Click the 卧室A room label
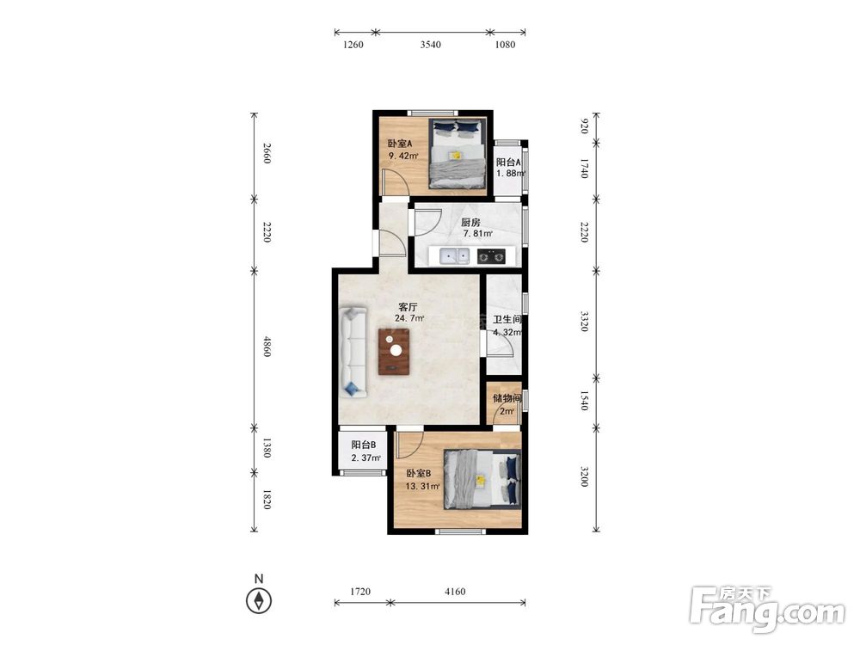[400, 144]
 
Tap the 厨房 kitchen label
[470, 223]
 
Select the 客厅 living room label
[408, 307]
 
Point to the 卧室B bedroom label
[419, 474]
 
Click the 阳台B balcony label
[364, 445]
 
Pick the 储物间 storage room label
[507, 398]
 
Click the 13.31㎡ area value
[422, 487]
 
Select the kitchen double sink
[455, 255]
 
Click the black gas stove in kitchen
[491, 256]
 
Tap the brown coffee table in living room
[394, 352]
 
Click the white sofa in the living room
[353, 352]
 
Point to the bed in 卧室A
[457, 154]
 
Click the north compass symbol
[259, 600]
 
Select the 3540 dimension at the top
[431, 45]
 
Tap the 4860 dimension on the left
[267, 347]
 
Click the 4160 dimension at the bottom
[455, 592]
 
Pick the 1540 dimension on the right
[584, 401]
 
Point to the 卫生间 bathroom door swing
[501, 344]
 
